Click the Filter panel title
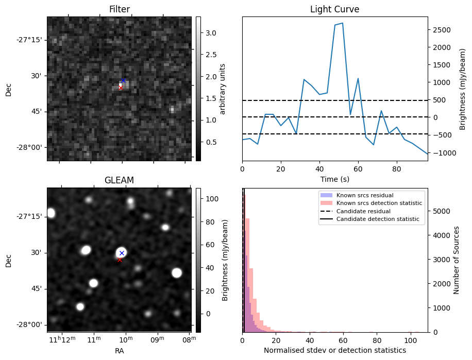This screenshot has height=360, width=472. coord(119,9)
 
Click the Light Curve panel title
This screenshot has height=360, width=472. coord(334,9)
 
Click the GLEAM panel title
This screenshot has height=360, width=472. coord(119,180)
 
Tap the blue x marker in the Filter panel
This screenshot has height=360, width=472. coord(123,81)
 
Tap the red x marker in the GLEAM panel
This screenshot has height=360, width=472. coord(120,260)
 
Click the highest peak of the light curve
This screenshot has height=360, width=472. coord(342,23)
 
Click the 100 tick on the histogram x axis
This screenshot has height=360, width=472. coord(411,340)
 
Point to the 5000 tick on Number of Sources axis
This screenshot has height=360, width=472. coord(440,211)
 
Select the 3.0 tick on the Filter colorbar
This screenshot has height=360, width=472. coord(211,33)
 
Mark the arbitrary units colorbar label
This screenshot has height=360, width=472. coord(223,89)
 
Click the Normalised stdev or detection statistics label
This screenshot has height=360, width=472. coord(334,351)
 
